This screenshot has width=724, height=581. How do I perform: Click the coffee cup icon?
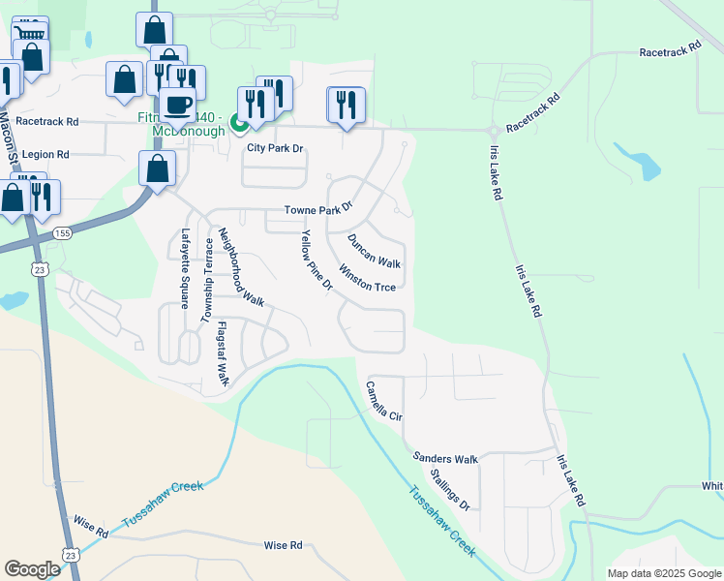tap(177, 104)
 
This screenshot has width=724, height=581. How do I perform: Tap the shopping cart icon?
tap(30, 35)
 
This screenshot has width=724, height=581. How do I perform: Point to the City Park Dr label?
tap(275, 148)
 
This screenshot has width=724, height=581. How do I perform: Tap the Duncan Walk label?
tap(374, 251)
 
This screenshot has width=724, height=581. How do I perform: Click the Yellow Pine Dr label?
tap(317, 261)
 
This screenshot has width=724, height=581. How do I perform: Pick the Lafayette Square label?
tap(184, 267)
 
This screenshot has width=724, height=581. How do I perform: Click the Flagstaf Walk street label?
tap(222, 353)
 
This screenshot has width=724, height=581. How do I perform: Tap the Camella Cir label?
tap(383, 400)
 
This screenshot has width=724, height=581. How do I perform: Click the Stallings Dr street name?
tap(450, 490)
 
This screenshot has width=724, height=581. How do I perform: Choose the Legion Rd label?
tap(45, 154)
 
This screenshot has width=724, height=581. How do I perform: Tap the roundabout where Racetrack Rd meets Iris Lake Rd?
tap(494, 130)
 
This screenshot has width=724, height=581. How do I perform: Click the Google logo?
tap(32, 569)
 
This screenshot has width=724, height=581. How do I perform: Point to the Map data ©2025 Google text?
tap(664, 573)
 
